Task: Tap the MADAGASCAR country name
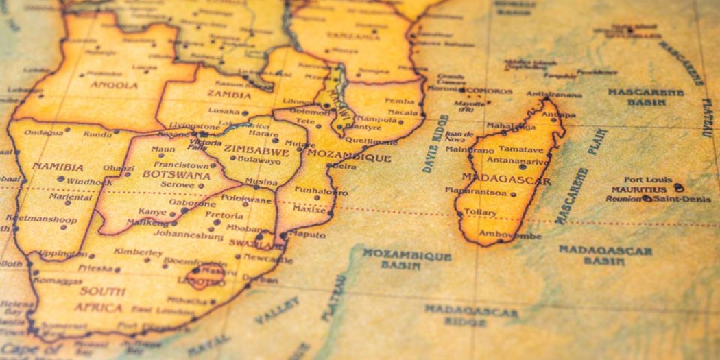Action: pos(506,180)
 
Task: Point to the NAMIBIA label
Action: pos(58,167)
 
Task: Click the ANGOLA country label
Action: pos(115,85)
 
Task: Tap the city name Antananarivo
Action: pos(518,161)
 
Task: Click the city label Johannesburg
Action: pos(189,236)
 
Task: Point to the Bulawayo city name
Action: pos(259,161)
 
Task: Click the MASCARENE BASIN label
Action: pos(645,97)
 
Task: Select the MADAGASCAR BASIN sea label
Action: pos(604,254)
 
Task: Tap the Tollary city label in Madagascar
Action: pos(480,212)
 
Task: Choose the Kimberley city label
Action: pos(138,252)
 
